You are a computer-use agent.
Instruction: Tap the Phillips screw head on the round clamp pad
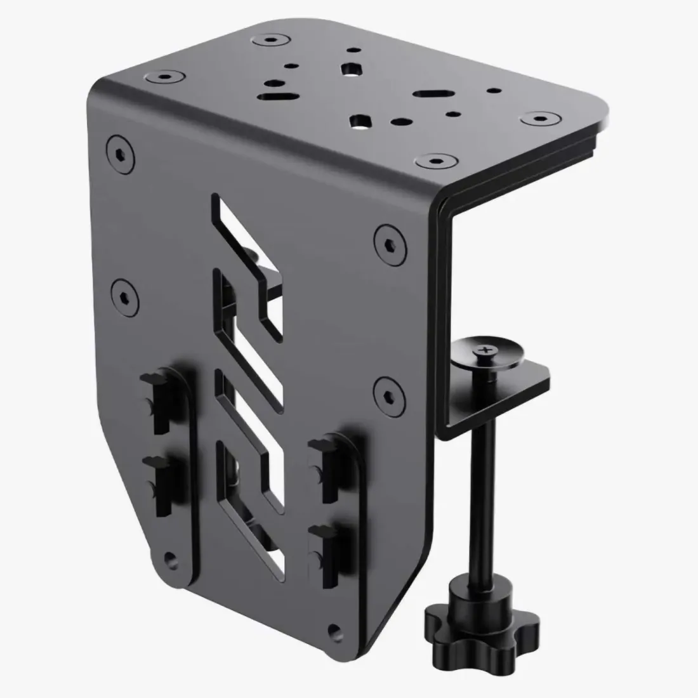[487, 350]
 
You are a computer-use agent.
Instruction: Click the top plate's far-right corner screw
[540, 117]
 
